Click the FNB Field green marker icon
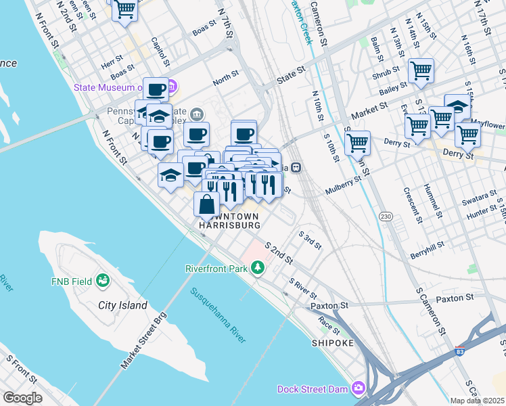103,279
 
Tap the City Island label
122,305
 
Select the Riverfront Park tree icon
257,269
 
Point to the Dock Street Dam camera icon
358,388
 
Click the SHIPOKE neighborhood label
332,343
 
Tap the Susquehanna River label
217,315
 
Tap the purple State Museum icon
172,87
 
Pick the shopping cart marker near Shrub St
421,70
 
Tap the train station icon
296,167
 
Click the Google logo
22,398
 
